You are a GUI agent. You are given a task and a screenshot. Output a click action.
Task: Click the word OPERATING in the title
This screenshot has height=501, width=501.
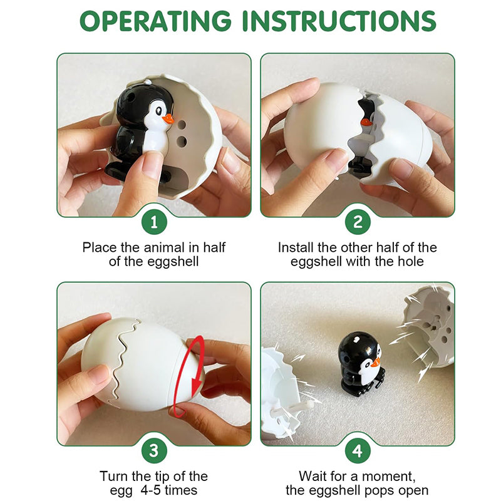point(155,21)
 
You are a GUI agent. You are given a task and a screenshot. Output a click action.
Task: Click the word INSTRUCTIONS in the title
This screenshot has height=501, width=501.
point(339,21)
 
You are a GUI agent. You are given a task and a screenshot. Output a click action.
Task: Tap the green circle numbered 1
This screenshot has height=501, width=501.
point(154,222)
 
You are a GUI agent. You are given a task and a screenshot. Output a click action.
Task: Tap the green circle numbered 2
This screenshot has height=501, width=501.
point(358,222)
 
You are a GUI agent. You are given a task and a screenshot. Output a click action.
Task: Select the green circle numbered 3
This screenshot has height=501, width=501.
point(154,450)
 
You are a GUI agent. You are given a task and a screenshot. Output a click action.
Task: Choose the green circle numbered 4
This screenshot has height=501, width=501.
point(358,450)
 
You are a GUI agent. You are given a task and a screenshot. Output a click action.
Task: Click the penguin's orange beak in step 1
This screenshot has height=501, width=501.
point(168,119)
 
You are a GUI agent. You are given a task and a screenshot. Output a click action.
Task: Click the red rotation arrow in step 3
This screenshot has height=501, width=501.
point(194,377)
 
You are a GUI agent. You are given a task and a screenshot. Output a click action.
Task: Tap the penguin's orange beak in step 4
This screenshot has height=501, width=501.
point(375,363)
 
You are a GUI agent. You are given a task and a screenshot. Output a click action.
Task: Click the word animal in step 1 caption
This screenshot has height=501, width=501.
point(164,247)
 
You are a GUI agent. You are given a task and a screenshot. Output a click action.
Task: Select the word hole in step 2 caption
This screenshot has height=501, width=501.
point(411,261)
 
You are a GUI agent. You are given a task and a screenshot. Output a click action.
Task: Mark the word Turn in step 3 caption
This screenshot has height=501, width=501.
point(114,476)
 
